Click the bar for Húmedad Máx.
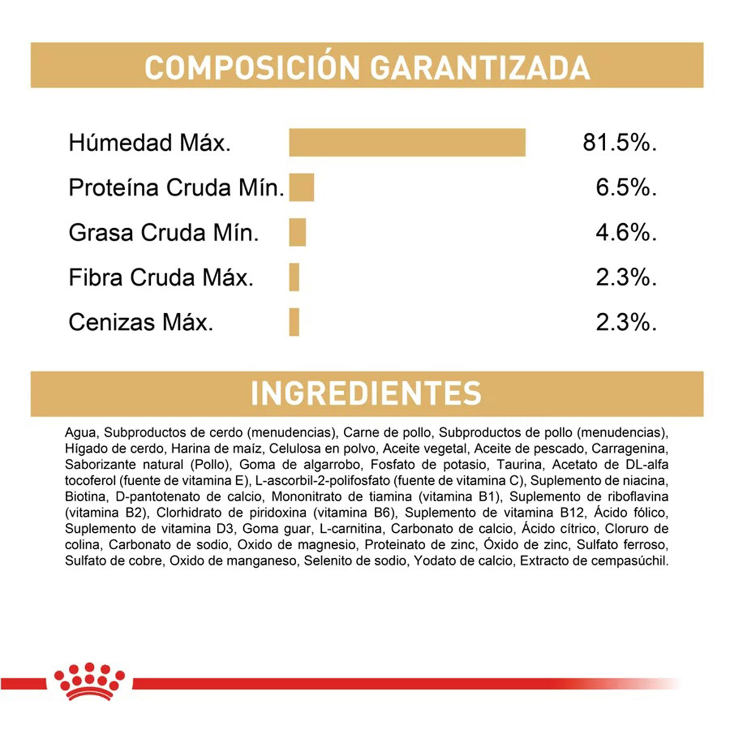click(x=407, y=142)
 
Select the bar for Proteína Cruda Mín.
click(x=302, y=187)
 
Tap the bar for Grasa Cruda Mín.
click(x=297, y=232)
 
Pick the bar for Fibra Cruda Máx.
click(x=294, y=277)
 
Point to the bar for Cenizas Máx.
click(x=294, y=322)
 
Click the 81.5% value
click(x=619, y=142)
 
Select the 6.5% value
click(x=626, y=187)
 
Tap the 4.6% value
click(x=626, y=232)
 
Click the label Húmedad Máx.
click(x=150, y=143)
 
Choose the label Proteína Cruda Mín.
click(x=176, y=187)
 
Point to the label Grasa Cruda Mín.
click(x=164, y=232)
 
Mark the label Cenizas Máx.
click(x=141, y=322)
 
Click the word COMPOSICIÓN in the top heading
click(x=252, y=67)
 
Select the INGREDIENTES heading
click(x=366, y=393)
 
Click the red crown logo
click(x=89, y=680)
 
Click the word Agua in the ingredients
click(x=80, y=433)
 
